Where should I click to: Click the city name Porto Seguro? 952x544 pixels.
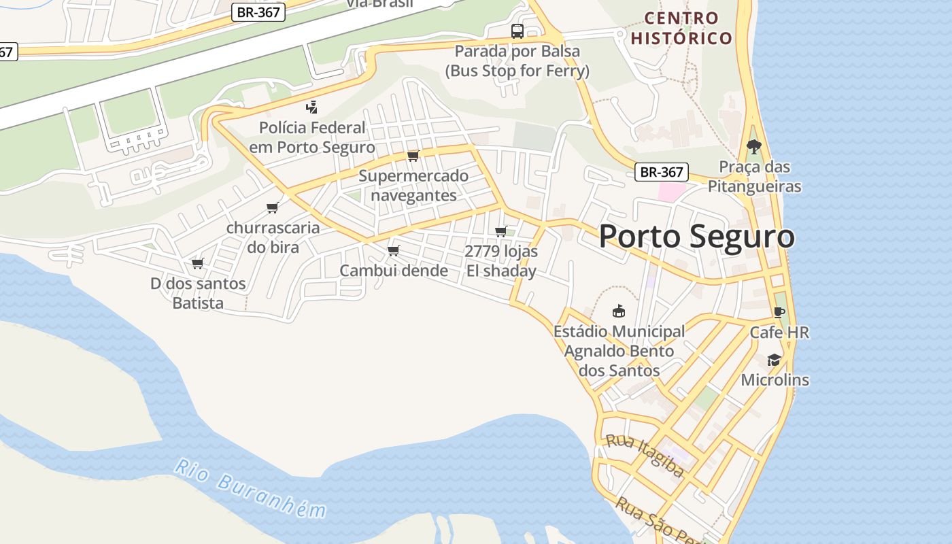[696, 237]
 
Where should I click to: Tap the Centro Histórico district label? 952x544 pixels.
[681, 28]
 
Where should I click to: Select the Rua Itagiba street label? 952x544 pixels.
[645, 455]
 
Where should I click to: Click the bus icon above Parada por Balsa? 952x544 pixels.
[517, 31]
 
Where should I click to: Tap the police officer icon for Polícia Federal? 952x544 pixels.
[312, 107]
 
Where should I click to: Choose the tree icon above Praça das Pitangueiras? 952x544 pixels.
[753, 146]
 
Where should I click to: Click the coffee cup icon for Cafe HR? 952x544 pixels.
[779, 312]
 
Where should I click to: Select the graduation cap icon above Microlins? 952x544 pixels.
[774, 360]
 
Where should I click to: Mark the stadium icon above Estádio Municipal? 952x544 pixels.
[618, 311]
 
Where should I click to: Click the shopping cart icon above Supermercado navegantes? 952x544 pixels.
[413, 156]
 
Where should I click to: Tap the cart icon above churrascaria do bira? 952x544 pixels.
[273, 207]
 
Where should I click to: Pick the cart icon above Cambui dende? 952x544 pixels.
[393, 250]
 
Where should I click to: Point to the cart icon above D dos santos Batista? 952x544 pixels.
[198, 263]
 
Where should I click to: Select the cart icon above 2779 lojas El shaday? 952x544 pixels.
[501, 231]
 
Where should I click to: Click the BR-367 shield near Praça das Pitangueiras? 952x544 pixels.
[662, 172]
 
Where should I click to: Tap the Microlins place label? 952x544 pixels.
[775, 379]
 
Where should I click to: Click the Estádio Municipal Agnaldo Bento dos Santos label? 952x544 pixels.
[619, 351]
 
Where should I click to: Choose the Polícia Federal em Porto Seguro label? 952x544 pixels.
[312, 137]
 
